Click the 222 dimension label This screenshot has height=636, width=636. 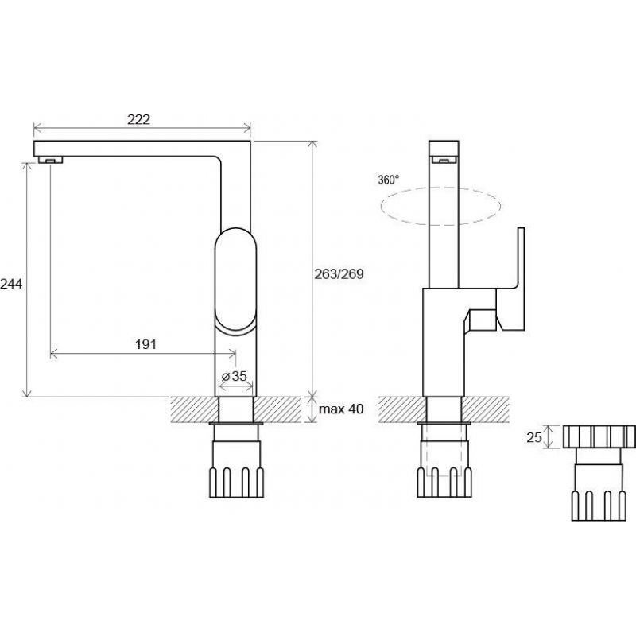click(138, 120)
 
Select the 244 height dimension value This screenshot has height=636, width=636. click(11, 284)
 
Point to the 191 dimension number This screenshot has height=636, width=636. click(145, 344)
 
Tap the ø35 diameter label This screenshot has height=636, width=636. click(235, 376)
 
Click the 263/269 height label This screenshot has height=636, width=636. click(339, 274)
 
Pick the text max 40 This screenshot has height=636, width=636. click(341, 409)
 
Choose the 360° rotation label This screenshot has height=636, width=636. click(389, 180)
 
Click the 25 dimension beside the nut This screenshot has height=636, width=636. click(533, 437)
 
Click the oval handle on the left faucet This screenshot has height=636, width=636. click(235, 281)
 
